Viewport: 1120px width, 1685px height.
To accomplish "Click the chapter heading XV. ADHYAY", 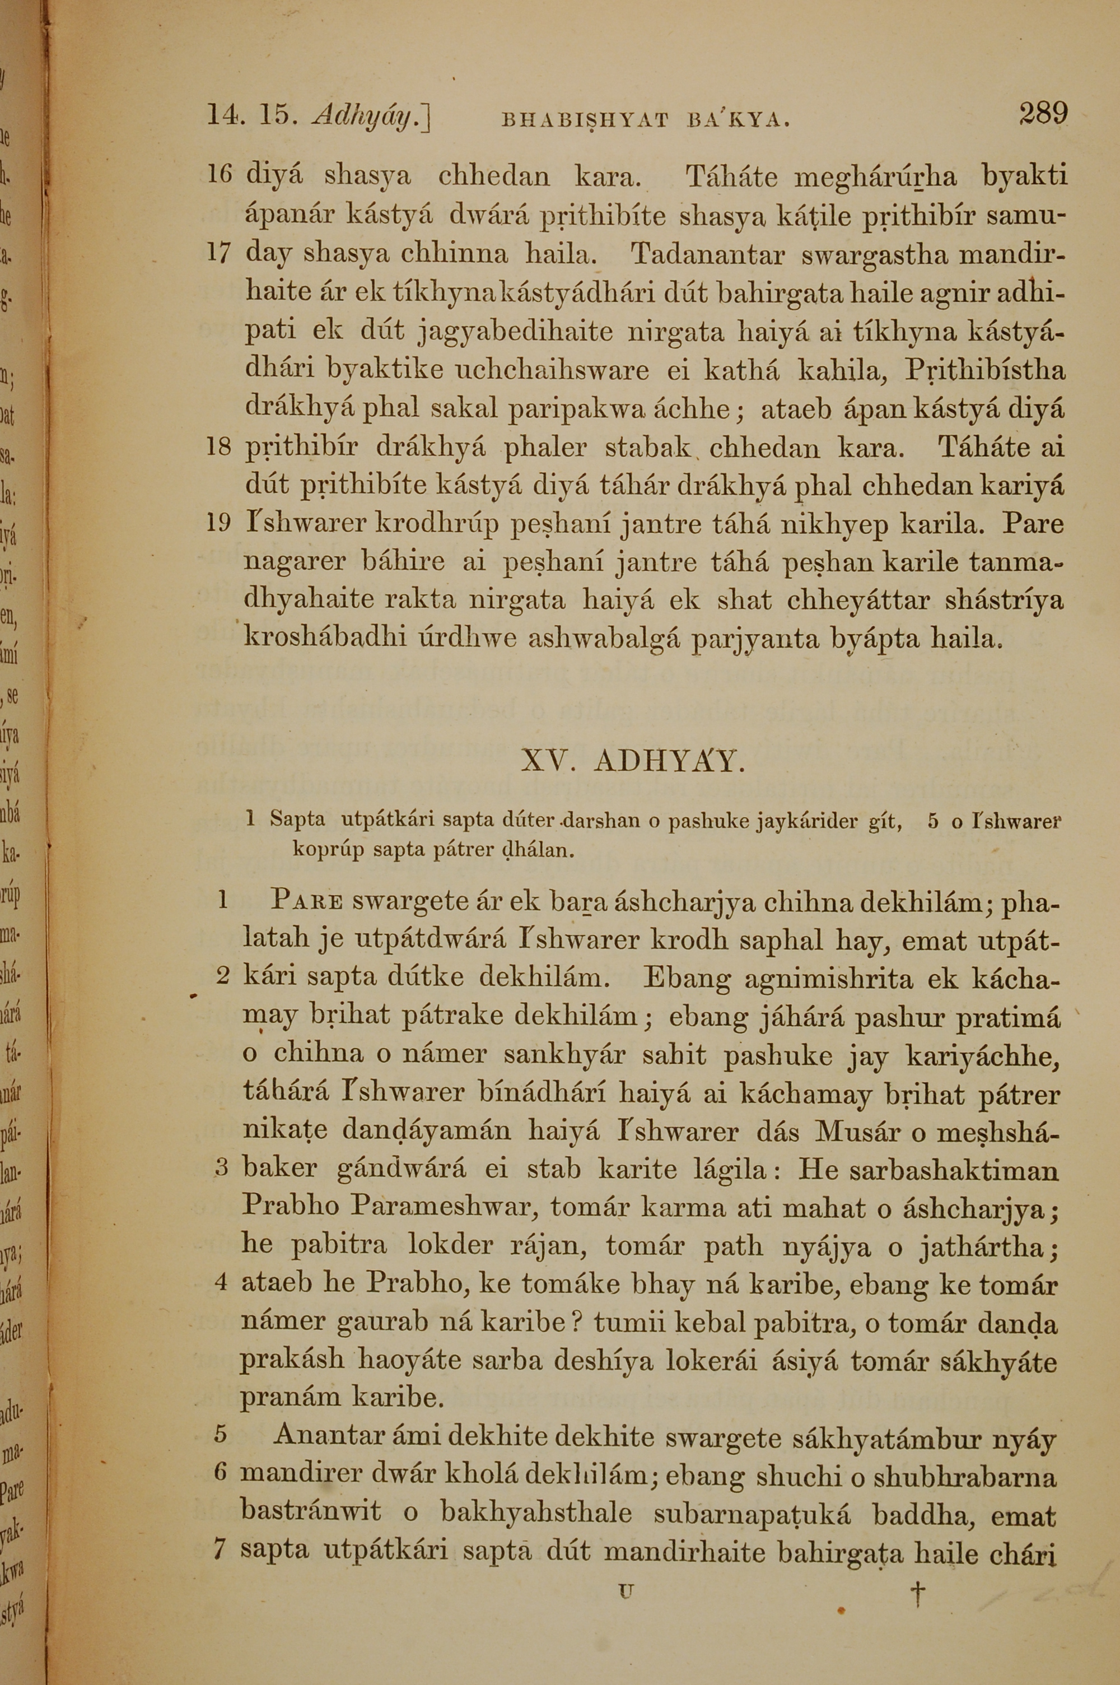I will coord(633,763).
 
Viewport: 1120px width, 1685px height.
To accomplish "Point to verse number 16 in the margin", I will coord(220,175).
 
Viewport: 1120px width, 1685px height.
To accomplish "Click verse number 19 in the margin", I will coord(220,524).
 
